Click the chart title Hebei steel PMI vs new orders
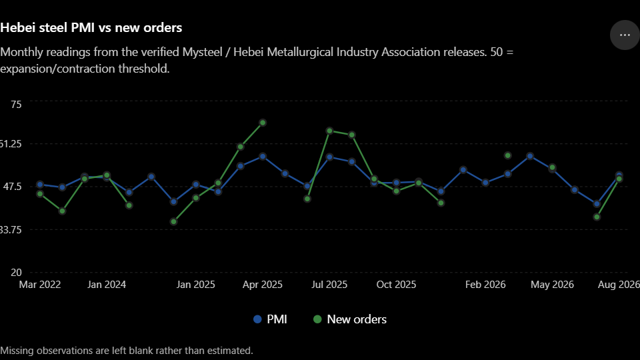point(91,28)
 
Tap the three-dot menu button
point(625,35)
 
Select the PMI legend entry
point(270,319)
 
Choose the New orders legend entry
point(350,319)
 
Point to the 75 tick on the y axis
point(16,105)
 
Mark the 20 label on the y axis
point(16,272)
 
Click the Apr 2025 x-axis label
point(263,285)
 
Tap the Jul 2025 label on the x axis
point(329,285)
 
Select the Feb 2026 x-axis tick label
point(485,285)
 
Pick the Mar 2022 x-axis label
point(40,285)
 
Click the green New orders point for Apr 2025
point(263,123)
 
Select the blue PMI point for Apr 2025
point(263,157)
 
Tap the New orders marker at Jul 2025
point(330,131)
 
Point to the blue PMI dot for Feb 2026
point(485,183)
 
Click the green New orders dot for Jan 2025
point(196,198)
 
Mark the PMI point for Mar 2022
point(40,185)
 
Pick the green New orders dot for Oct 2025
point(396,191)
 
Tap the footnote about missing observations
point(127,351)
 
